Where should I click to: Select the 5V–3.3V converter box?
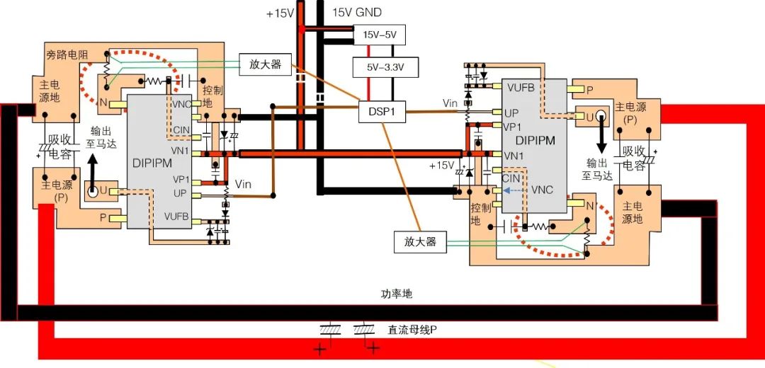(x=385, y=68)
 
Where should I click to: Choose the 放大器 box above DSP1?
(x=266, y=64)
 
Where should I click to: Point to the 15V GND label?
(x=357, y=12)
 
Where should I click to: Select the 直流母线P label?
(x=411, y=330)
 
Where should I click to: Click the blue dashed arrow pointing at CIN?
(x=516, y=190)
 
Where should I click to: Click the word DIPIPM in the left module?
(x=153, y=162)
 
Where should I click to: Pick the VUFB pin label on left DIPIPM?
(x=176, y=217)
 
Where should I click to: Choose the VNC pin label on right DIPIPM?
(x=543, y=190)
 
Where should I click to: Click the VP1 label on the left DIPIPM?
(x=181, y=178)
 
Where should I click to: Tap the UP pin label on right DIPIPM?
(x=511, y=113)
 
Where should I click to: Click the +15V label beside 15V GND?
(x=279, y=13)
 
